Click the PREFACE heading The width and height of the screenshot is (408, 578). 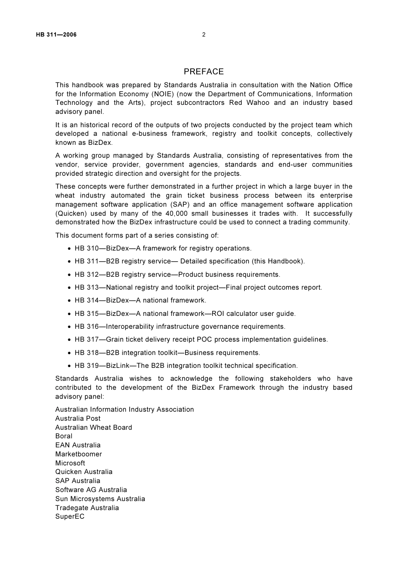point(204,72)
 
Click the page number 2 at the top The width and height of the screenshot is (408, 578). point(204,35)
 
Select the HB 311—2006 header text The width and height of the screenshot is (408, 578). point(56,35)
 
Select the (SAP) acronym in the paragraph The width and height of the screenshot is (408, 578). point(181,205)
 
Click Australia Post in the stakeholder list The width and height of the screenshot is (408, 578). point(78,419)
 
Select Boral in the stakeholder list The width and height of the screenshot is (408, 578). point(64,436)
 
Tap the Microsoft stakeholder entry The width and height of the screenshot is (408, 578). point(70,463)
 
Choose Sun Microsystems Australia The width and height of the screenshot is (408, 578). point(100,499)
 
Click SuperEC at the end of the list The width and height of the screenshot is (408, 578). point(70,517)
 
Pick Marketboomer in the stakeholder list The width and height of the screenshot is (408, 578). point(79,454)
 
